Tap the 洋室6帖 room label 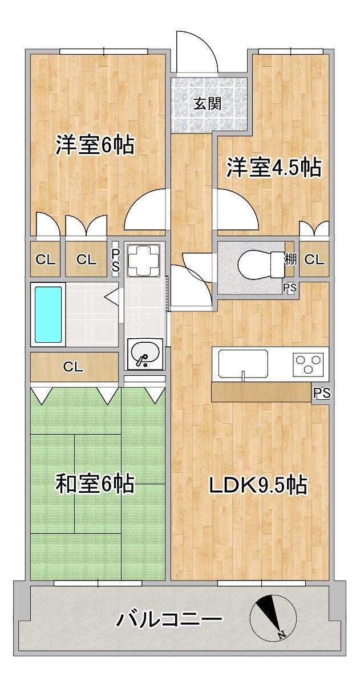(95, 145)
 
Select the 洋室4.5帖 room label (273, 167)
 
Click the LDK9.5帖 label (258, 484)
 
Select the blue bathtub (48, 314)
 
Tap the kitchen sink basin (243, 363)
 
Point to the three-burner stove (308, 364)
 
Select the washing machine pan (144, 260)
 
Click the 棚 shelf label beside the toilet (290, 260)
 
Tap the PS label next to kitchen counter (321, 392)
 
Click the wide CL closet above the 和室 (74, 366)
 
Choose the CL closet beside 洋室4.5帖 (314, 260)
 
